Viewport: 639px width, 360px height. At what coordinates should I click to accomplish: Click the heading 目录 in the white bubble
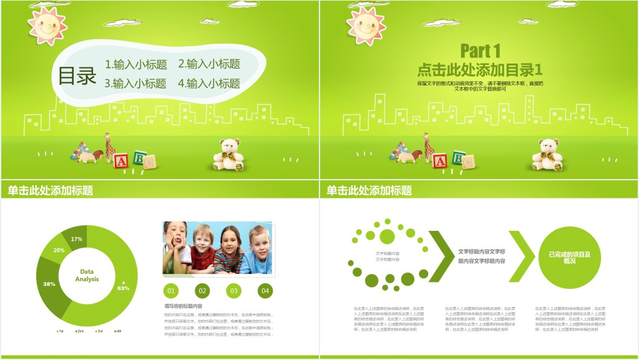(x=77, y=76)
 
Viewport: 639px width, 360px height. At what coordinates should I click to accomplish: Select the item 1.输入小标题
(x=135, y=64)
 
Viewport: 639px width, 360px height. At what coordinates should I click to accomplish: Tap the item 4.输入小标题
(x=209, y=84)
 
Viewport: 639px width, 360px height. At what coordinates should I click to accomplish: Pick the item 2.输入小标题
(x=209, y=64)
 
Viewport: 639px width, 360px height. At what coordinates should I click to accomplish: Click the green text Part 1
(x=480, y=51)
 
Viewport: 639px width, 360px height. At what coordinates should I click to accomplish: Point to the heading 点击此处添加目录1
(x=480, y=69)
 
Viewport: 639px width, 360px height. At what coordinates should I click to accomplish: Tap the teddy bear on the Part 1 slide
(x=547, y=155)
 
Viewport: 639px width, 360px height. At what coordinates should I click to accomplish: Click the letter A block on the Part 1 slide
(x=440, y=162)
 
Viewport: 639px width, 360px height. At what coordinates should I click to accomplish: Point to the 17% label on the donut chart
(x=77, y=239)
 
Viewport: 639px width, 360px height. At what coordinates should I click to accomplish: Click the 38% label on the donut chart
(x=49, y=284)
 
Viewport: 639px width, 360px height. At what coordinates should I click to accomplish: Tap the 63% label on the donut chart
(x=123, y=288)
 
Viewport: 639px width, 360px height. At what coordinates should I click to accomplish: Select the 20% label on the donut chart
(x=59, y=250)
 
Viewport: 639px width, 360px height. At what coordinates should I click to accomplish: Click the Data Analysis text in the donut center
(x=87, y=275)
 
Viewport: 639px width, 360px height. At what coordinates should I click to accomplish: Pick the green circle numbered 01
(x=171, y=290)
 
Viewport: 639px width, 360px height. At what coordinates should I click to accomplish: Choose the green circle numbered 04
(x=265, y=290)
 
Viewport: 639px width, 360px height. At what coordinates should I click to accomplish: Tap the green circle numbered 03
(x=233, y=290)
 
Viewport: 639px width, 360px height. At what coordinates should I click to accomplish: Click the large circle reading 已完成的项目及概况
(x=569, y=257)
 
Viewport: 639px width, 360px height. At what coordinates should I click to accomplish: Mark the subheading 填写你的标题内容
(x=183, y=306)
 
